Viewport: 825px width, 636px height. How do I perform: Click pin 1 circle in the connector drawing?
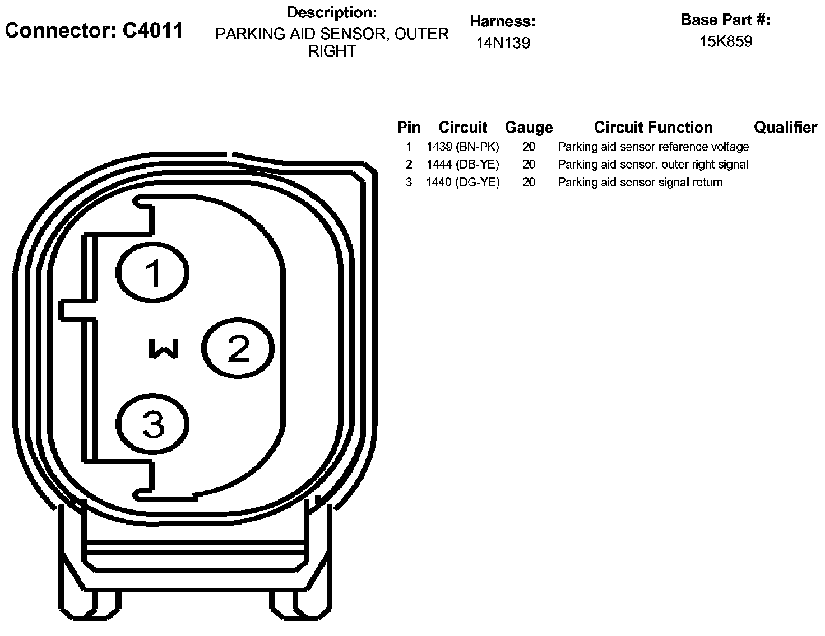click(153, 273)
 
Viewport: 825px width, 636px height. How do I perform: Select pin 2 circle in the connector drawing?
click(238, 349)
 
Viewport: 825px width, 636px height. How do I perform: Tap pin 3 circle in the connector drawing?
click(153, 424)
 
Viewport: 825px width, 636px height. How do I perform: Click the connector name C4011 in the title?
click(152, 30)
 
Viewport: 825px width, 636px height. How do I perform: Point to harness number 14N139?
click(503, 43)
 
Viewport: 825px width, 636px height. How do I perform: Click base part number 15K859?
click(726, 41)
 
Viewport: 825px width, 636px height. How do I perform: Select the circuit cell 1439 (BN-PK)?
click(462, 147)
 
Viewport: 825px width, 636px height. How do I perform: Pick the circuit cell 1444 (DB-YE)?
click(462, 165)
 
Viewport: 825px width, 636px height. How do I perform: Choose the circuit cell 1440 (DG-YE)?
click(462, 183)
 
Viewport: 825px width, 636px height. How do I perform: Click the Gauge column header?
click(529, 128)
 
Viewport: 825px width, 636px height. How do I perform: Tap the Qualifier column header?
click(785, 128)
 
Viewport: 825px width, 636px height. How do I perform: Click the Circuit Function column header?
click(653, 128)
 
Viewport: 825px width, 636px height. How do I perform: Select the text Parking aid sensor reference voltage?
click(653, 147)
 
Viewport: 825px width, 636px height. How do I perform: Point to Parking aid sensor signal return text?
click(640, 183)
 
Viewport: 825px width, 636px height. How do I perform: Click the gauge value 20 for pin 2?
click(529, 165)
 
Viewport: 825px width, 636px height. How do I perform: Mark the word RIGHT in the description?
click(332, 52)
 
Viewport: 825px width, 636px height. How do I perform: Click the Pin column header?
click(409, 128)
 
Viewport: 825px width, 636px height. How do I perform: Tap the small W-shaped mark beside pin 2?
click(164, 348)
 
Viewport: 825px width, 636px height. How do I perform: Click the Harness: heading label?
click(503, 22)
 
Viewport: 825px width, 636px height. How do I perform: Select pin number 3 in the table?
click(409, 183)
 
